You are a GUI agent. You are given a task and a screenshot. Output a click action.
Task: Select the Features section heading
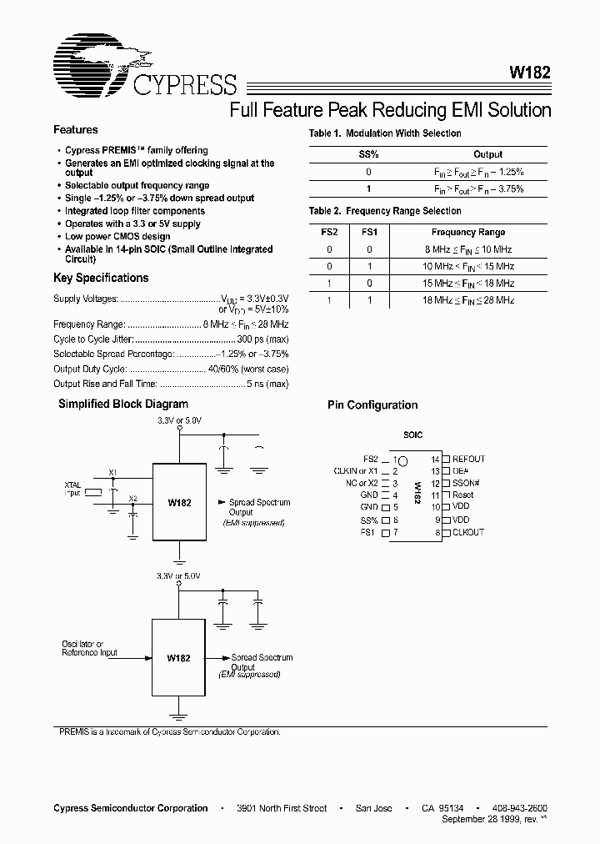pos(76,130)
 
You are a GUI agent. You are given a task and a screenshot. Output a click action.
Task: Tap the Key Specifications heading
pos(101,279)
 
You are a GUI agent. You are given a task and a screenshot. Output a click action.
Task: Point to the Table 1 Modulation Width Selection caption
pos(384,133)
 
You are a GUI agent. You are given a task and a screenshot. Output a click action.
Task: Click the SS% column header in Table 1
pos(368,154)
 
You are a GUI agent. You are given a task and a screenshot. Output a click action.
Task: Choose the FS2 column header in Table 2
pos(330,233)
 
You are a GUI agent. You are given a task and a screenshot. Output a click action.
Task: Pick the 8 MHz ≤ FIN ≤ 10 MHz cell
pos(467,249)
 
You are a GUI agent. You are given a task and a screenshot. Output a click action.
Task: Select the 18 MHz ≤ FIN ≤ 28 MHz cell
pos(467,299)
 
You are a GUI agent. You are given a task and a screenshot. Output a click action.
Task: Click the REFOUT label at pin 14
pos(468,459)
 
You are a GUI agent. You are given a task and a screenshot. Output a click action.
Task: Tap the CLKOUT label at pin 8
pos(467,532)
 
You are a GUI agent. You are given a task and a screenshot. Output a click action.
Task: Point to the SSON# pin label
pos(467,483)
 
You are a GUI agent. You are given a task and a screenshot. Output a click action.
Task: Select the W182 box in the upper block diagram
pos(179,503)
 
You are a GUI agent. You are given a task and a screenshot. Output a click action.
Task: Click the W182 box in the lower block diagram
pos(178,658)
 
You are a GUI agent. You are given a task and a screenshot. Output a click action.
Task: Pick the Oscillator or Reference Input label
pos(89,649)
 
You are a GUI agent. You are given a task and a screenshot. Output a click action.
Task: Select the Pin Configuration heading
pos(372,405)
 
